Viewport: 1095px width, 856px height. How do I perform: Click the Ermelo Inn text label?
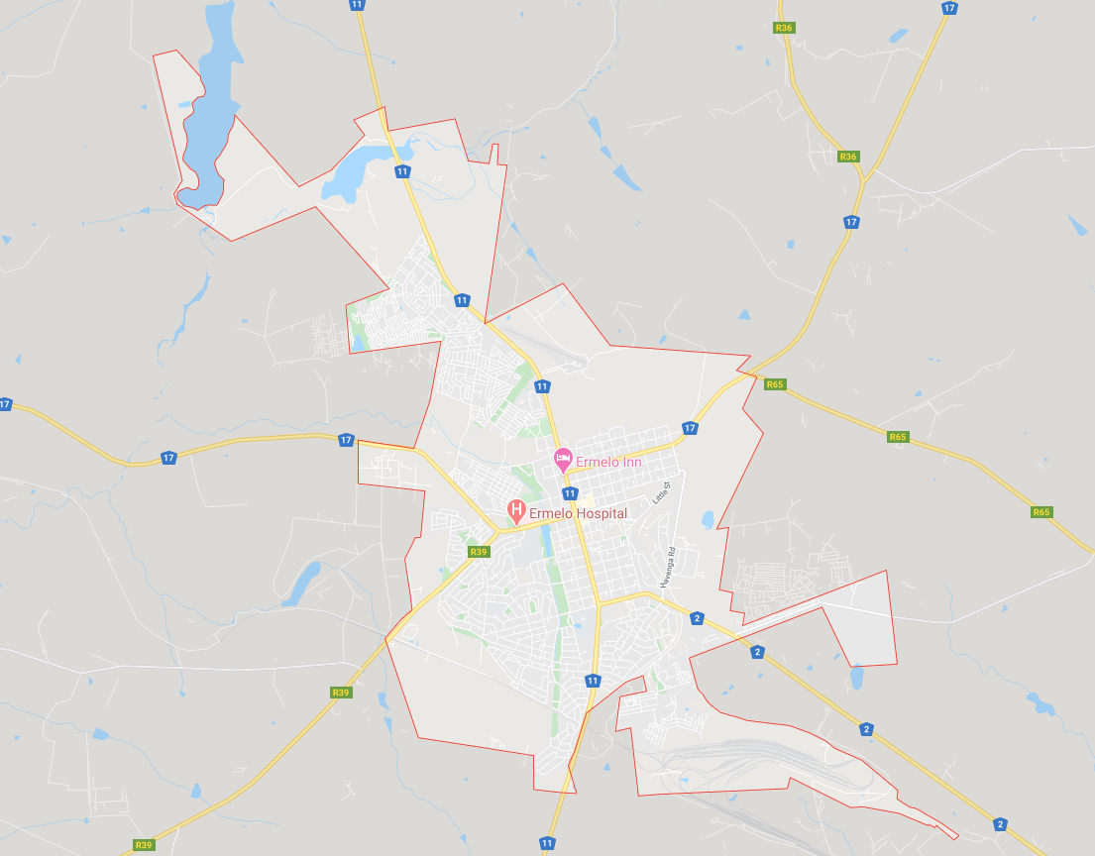[608, 462]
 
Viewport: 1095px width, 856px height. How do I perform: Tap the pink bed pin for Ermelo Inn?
[563, 460]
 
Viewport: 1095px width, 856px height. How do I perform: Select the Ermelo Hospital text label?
[578, 513]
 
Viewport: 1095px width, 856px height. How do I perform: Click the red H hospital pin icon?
[515, 510]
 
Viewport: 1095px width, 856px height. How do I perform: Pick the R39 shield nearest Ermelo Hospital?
[479, 552]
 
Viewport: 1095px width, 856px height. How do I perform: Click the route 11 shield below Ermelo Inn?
[570, 493]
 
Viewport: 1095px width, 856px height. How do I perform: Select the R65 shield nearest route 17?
[775, 384]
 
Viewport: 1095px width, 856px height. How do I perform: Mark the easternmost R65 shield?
[1040, 512]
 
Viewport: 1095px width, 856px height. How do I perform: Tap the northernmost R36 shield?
[785, 28]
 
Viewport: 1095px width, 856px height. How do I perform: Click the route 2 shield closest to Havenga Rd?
[698, 619]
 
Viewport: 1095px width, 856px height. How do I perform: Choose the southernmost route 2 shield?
[1000, 824]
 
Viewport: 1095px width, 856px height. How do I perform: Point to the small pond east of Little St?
[708, 519]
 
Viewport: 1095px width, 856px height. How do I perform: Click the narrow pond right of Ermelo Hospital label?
[548, 540]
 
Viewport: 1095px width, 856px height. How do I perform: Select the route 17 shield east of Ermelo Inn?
[690, 428]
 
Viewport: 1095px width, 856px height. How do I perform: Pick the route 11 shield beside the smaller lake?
[402, 171]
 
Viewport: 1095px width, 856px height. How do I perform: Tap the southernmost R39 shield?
[144, 845]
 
